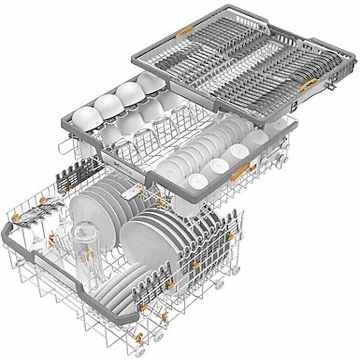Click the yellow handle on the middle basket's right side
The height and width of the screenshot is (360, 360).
point(242,172)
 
